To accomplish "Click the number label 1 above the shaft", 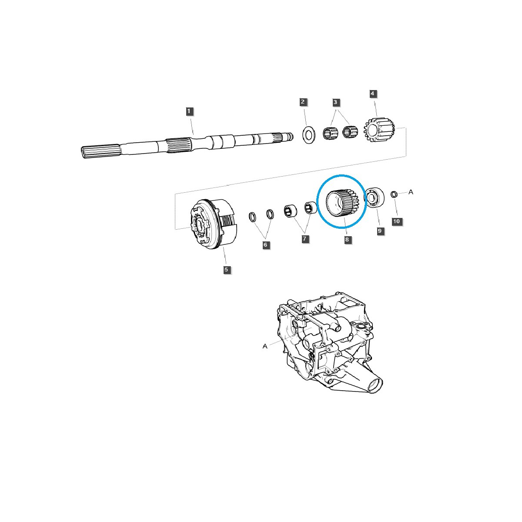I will point(189,111).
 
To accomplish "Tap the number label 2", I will point(303,102).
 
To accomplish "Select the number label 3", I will point(335,102).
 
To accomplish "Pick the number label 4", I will point(372,94).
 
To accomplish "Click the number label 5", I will point(226,270).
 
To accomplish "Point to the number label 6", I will point(266,245).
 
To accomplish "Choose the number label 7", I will point(305,239).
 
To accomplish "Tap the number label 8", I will point(347,240).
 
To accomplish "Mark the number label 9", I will point(380,231).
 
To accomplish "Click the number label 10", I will point(396,221).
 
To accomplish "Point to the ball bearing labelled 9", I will point(373,198).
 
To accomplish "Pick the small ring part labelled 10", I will point(394,194).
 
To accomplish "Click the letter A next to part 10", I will point(411,191).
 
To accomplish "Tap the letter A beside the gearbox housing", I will point(264,346).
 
